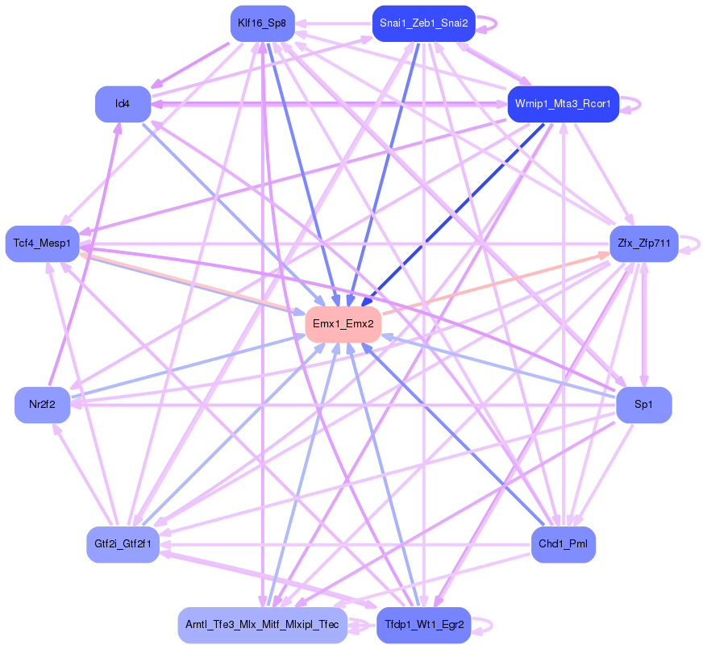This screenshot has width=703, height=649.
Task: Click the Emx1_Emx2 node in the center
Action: [343, 324]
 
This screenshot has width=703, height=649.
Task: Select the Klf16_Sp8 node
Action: [261, 23]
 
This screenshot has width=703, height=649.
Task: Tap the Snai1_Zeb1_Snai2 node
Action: [423, 23]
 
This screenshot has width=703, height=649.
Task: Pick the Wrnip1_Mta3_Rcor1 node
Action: [563, 103]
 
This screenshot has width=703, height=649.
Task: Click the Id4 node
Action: [123, 103]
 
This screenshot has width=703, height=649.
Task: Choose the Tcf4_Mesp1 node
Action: [43, 243]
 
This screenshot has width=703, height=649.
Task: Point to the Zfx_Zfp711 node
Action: [643, 243]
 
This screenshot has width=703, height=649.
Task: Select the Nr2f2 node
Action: [42, 405]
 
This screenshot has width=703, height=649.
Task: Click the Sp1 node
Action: [643, 405]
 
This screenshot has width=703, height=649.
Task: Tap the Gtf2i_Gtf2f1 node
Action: [123, 544]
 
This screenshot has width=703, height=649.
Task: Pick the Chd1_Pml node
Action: [563, 544]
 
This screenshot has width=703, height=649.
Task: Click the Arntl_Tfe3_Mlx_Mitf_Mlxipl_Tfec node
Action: [262, 625]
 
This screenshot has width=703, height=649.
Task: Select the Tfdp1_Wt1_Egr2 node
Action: [423, 625]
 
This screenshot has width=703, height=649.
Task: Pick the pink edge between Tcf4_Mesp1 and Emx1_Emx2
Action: [193, 282]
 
